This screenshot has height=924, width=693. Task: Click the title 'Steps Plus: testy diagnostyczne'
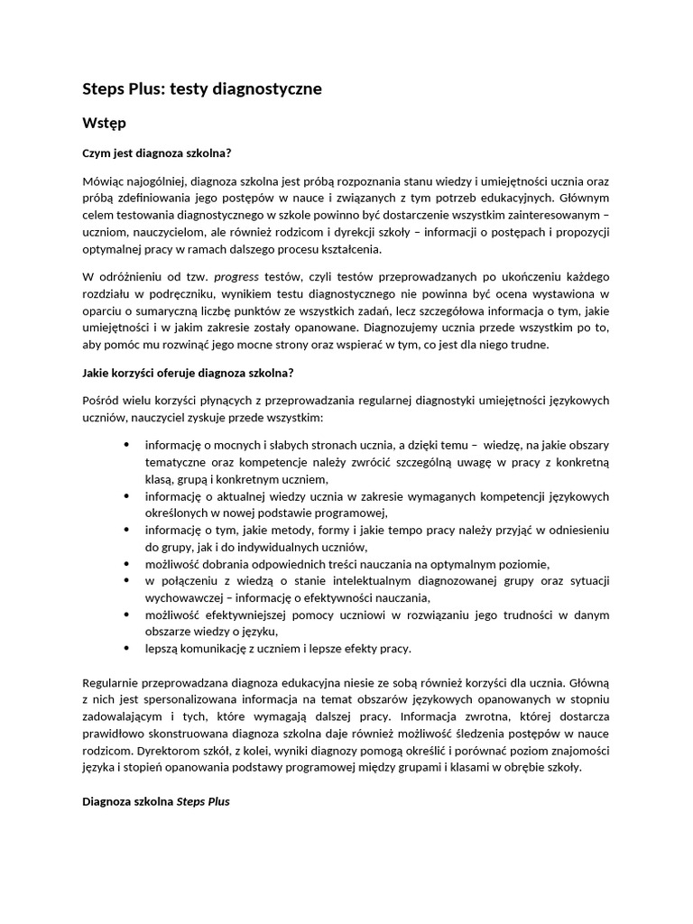(x=202, y=89)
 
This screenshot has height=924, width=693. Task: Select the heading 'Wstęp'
(x=104, y=122)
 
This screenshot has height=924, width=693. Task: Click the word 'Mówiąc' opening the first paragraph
(x=103, y=181)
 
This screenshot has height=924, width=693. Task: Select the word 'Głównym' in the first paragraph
(x=584, y=199)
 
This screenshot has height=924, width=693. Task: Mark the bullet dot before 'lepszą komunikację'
(x=125, y=649)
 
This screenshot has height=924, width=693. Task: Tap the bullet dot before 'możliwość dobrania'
(x=125, y=564)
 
